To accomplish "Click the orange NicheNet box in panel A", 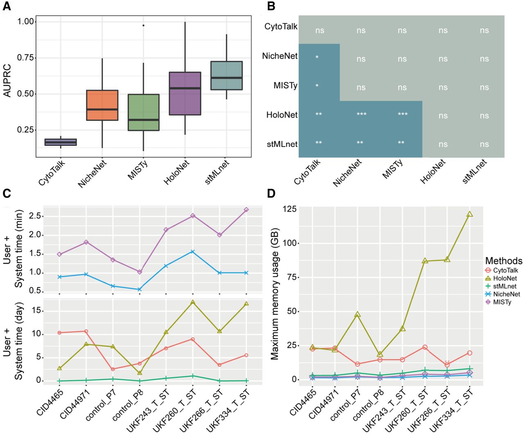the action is [102, 105].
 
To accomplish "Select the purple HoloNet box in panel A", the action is [185, 93].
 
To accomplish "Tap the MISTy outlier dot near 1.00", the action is [143, 25].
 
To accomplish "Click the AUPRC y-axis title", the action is [7, 81].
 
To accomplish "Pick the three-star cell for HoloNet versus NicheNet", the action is [361, 115].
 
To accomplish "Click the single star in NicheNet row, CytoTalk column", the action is [317, 57].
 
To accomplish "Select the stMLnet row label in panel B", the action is [282, 144].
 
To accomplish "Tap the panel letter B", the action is [271, 6].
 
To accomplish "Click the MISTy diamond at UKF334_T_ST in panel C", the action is [246, 209].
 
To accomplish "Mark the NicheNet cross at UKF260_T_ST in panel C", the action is [192, 252].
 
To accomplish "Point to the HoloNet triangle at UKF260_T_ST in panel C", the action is [192, 302].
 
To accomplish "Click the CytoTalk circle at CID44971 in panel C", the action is [86, 331].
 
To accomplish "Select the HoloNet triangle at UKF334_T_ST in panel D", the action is [470, 214].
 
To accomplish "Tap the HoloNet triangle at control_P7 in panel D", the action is [357, 315].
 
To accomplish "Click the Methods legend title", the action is [504, 261].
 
